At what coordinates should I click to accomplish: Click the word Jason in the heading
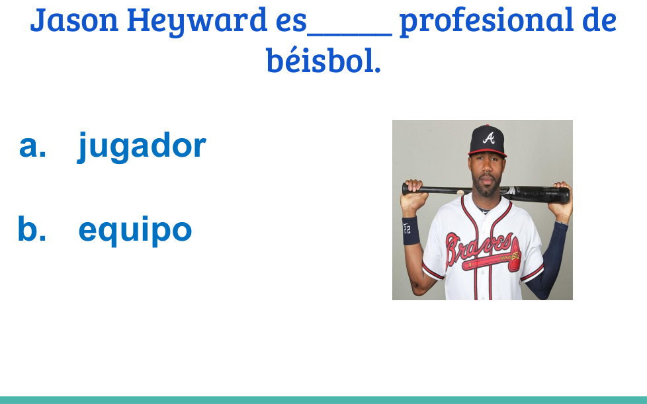pos(74,20)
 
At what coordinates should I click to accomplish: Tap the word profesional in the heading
pos(486,20)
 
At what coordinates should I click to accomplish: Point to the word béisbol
pos(323,60)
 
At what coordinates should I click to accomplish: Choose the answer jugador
pos(142,147)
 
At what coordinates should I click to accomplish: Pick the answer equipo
pos(136,231)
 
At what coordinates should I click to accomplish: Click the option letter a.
pos(32,147)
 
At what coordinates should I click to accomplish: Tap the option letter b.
pos(32,228)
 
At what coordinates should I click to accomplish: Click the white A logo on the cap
pos(488,138)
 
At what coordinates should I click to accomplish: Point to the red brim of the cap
pos(488,153)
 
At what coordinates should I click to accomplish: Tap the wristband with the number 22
pos(411,231)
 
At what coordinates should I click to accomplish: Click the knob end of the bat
pos(405,189)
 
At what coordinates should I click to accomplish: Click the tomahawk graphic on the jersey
pos(492,260)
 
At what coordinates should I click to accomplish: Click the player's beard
pos(487,188)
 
